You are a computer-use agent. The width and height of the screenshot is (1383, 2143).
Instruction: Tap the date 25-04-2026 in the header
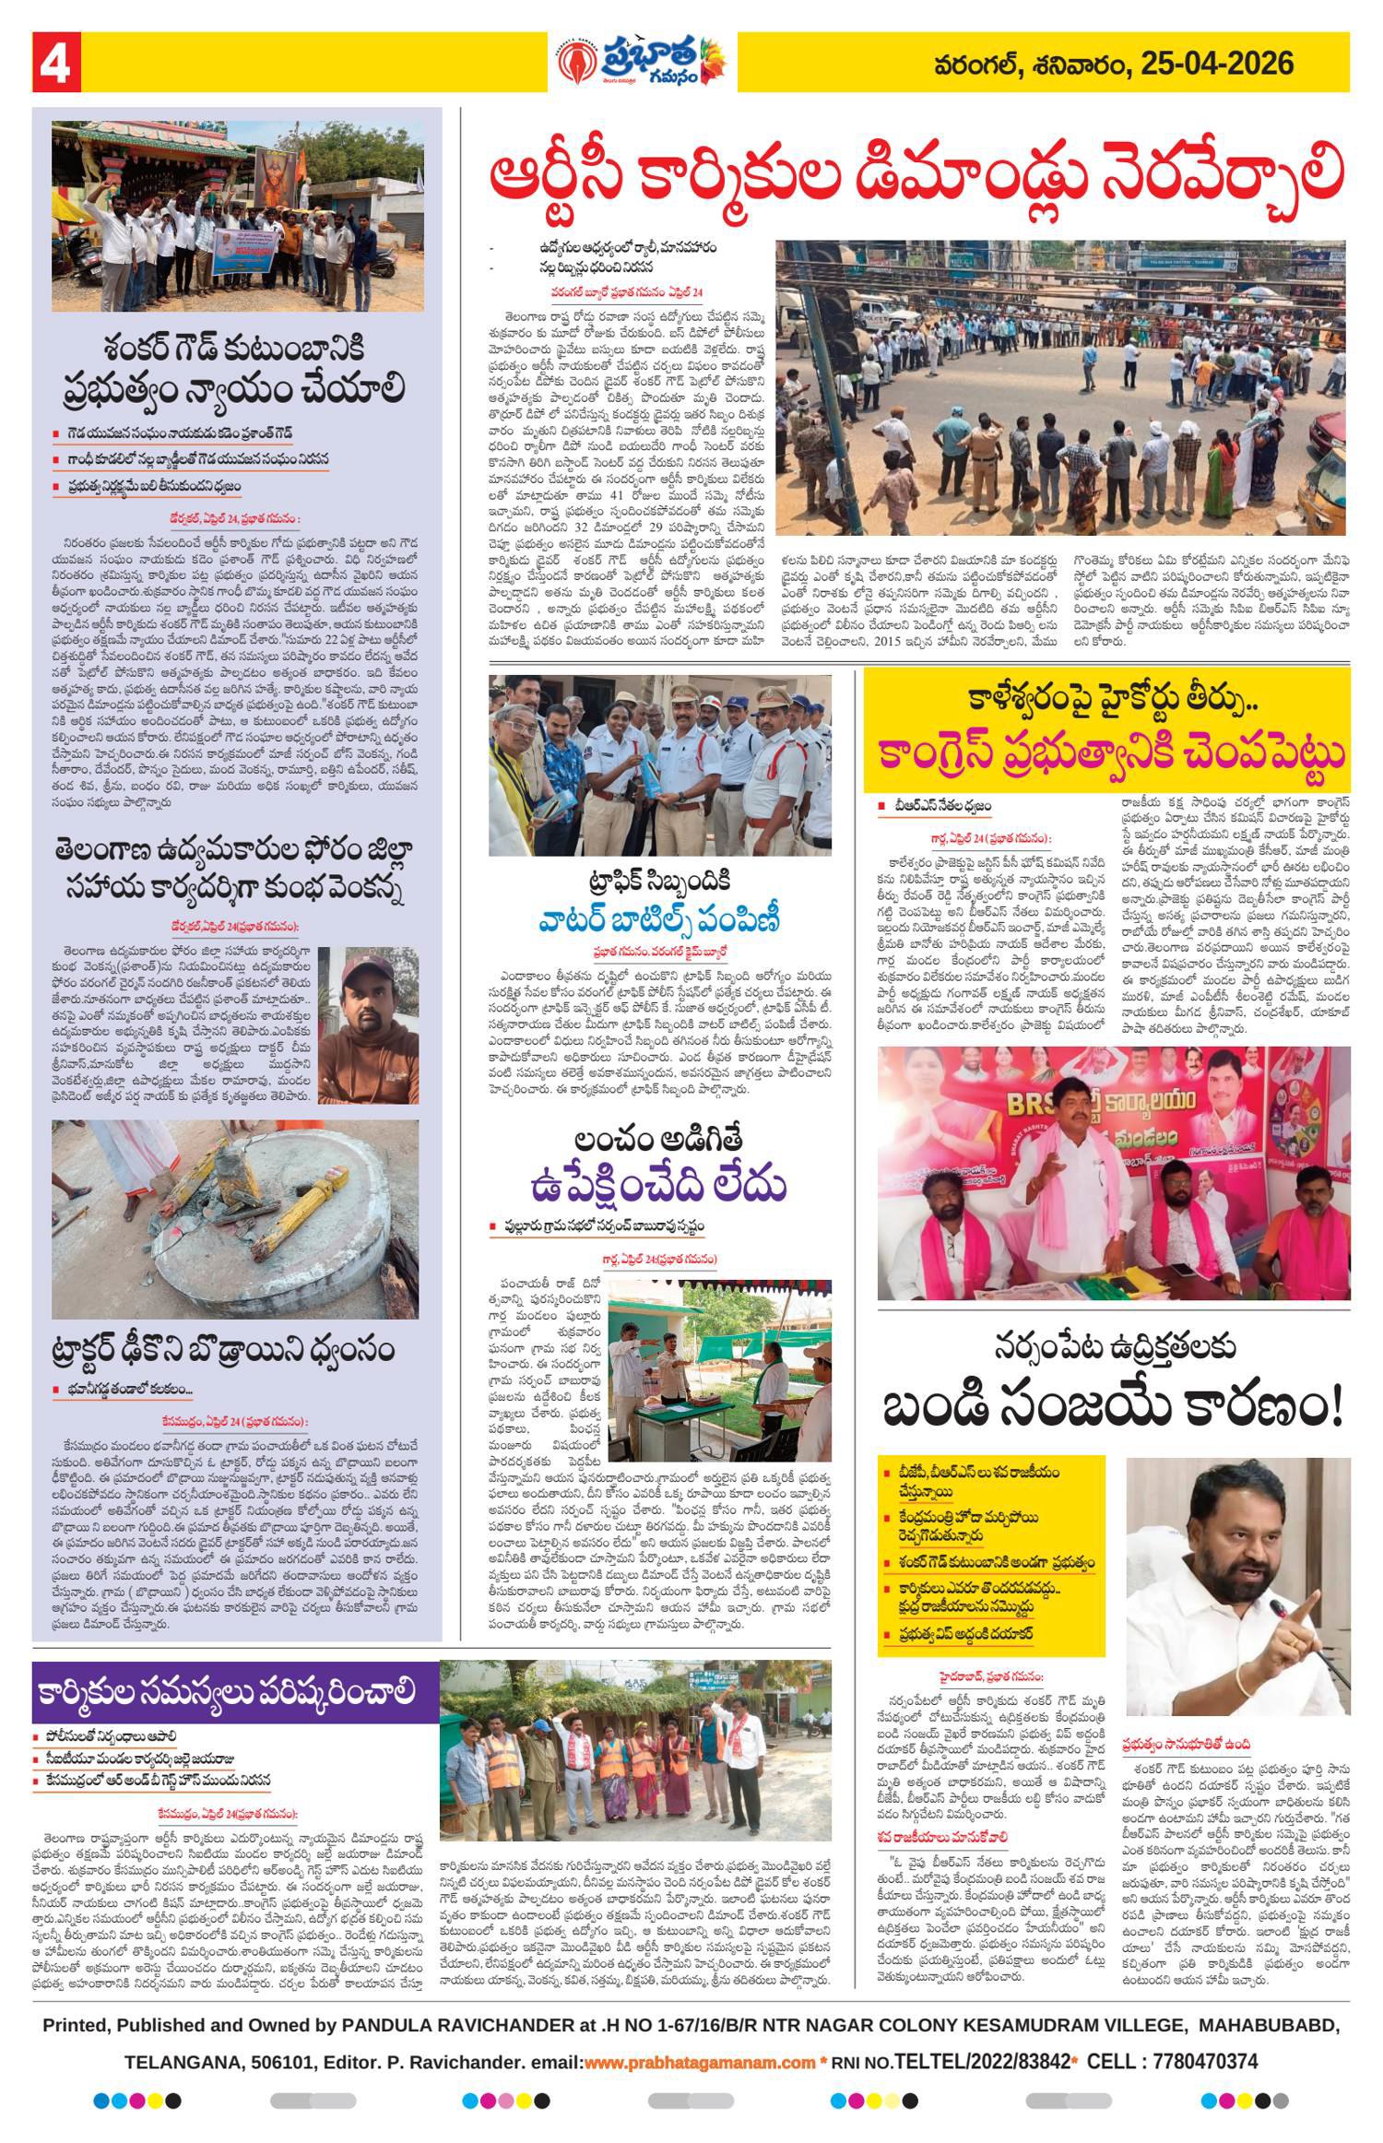click(x=1216, y=64)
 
